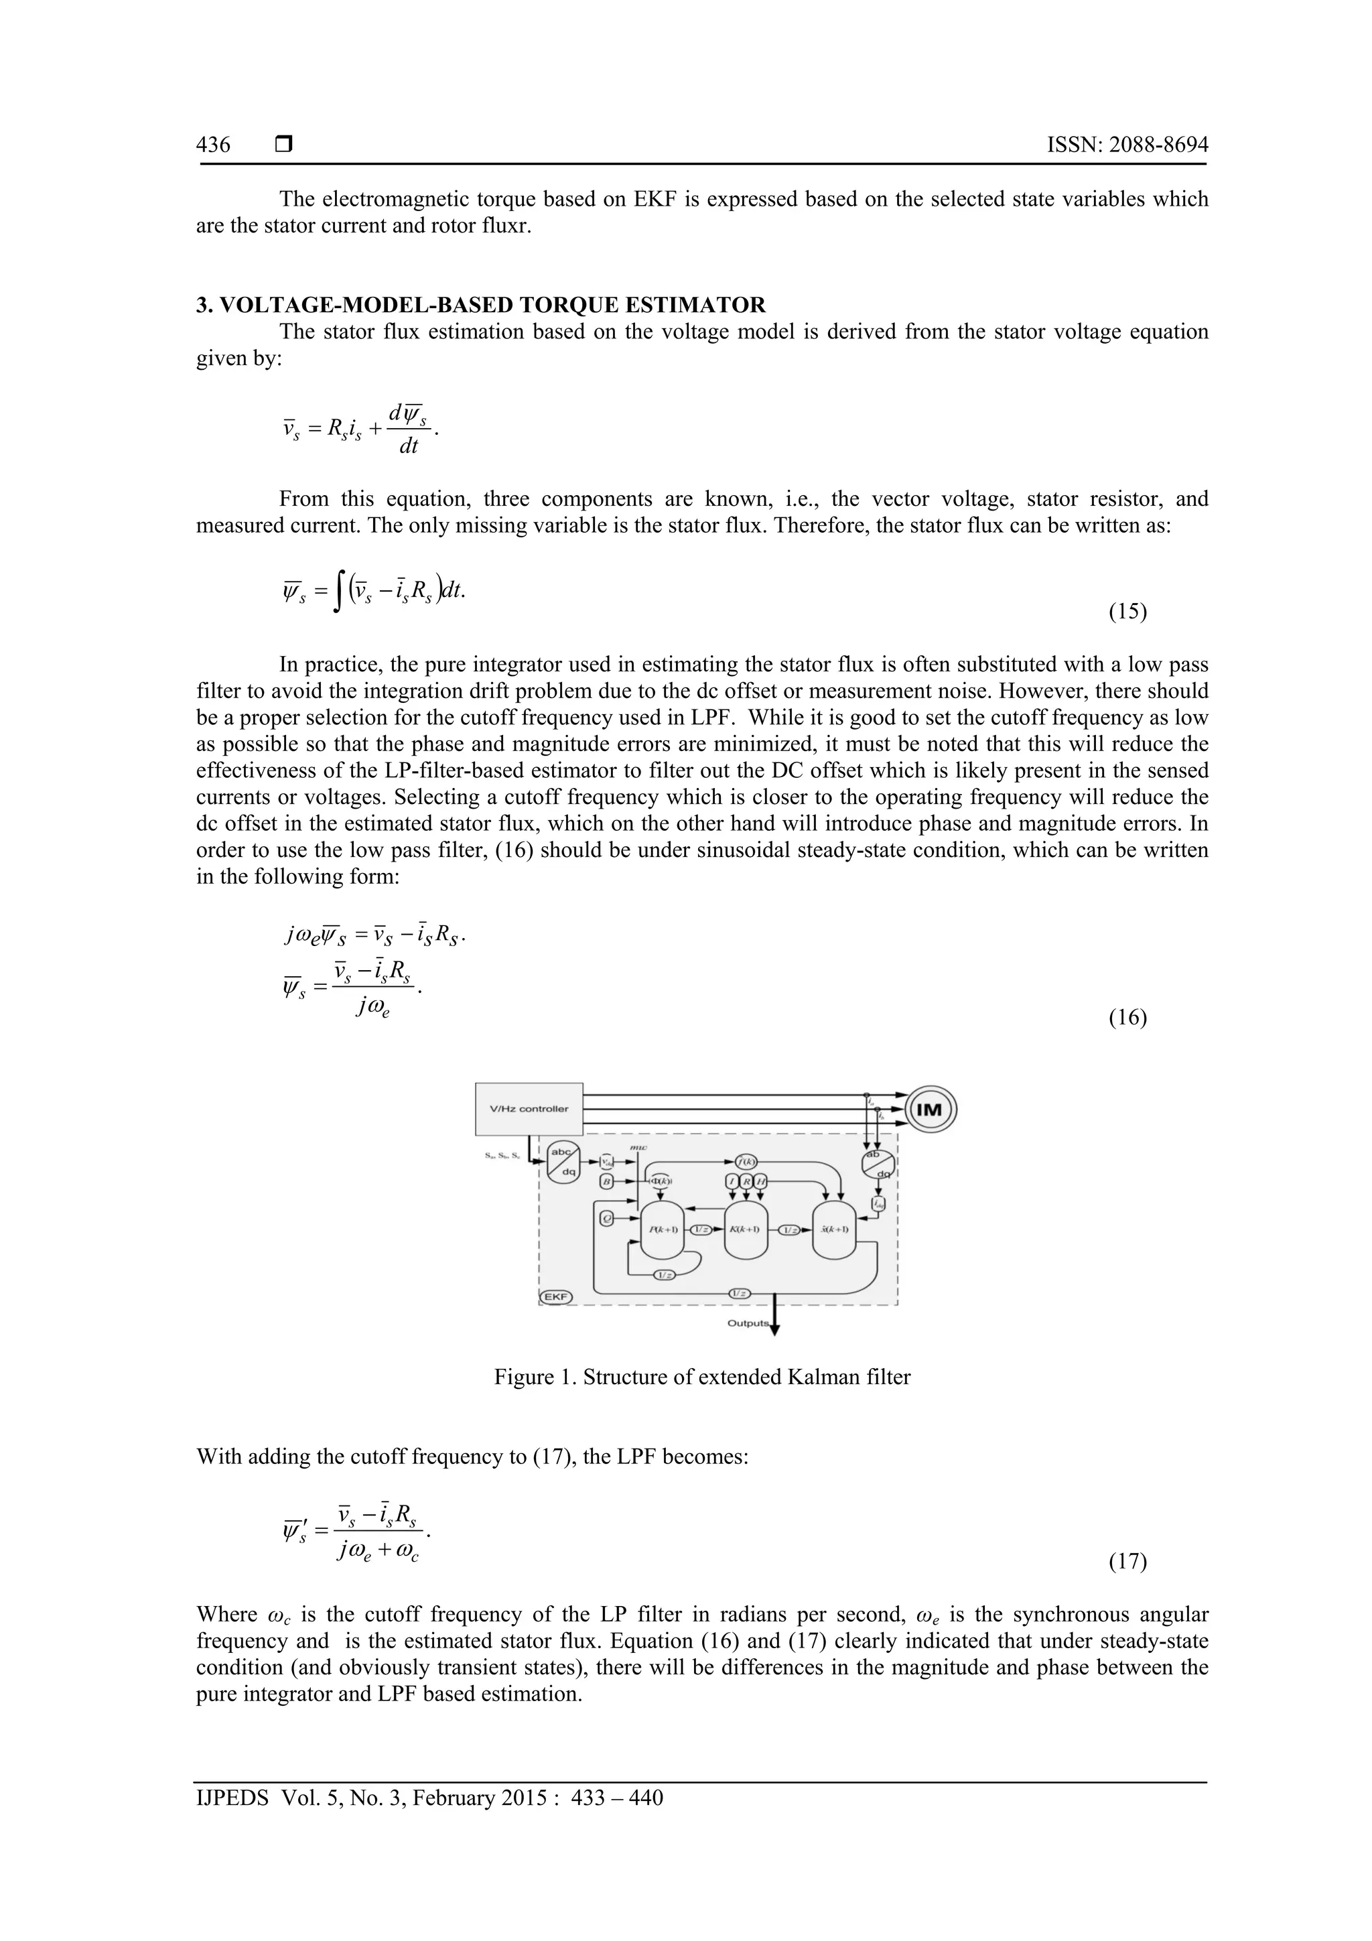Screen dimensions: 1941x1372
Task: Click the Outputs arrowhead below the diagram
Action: click(x=775, y=1331)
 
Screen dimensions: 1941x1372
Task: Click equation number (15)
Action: click(x=1127, y=611)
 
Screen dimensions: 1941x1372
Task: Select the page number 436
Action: click(x=213, y=145)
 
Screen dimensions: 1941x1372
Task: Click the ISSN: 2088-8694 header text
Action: click(x=1127, y=145)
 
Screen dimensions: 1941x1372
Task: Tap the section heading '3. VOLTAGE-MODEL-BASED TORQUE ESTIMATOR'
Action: click(x=480, y=304)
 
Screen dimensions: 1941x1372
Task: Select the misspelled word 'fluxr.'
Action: click(x=504, y=226)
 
